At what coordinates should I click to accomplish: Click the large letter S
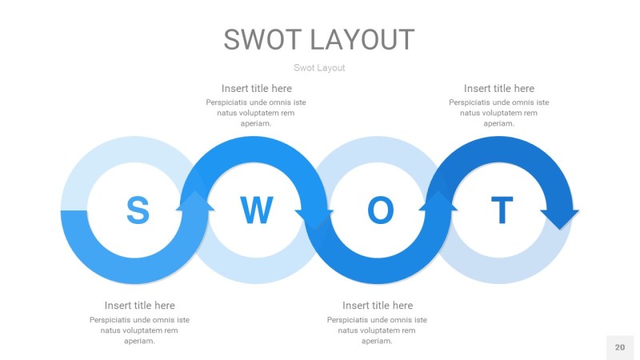pyautogui.click(x=138, y=210)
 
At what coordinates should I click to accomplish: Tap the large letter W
pyautogui.click(x=257, y=210)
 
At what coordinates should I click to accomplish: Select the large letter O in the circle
pyautogui.click(x=380, y=210)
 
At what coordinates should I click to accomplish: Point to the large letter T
pyautogui.click(x=502, y=210)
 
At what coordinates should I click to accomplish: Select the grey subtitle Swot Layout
pyautogui.click(x=319, y=68)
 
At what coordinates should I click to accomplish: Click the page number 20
pyautogui.click(x=619, y=347)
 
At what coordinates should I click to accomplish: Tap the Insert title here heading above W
pyautogui.click(x=257, y=89)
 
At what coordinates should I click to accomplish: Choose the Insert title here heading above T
pyautogui.click(x=499, y=89)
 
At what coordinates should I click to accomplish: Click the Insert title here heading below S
pyautogui.click(x=139, y=306)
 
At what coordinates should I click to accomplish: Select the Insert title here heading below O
pyautogui.click(x=378, y=306)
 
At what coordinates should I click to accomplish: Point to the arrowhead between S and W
pyautogui.click(x=197, y=202)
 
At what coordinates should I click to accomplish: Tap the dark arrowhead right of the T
pyautogui.click(x=559, y=217)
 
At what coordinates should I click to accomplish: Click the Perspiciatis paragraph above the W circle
pyautogui.click(x=256, y=113)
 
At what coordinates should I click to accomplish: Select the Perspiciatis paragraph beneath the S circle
pyautogui.click(x=139, y=330)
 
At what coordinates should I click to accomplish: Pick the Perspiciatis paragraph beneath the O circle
pyautogui.click(x=378, y=330)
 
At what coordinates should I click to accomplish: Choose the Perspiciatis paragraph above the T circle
pyautogui.click(x=499, y=113)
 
